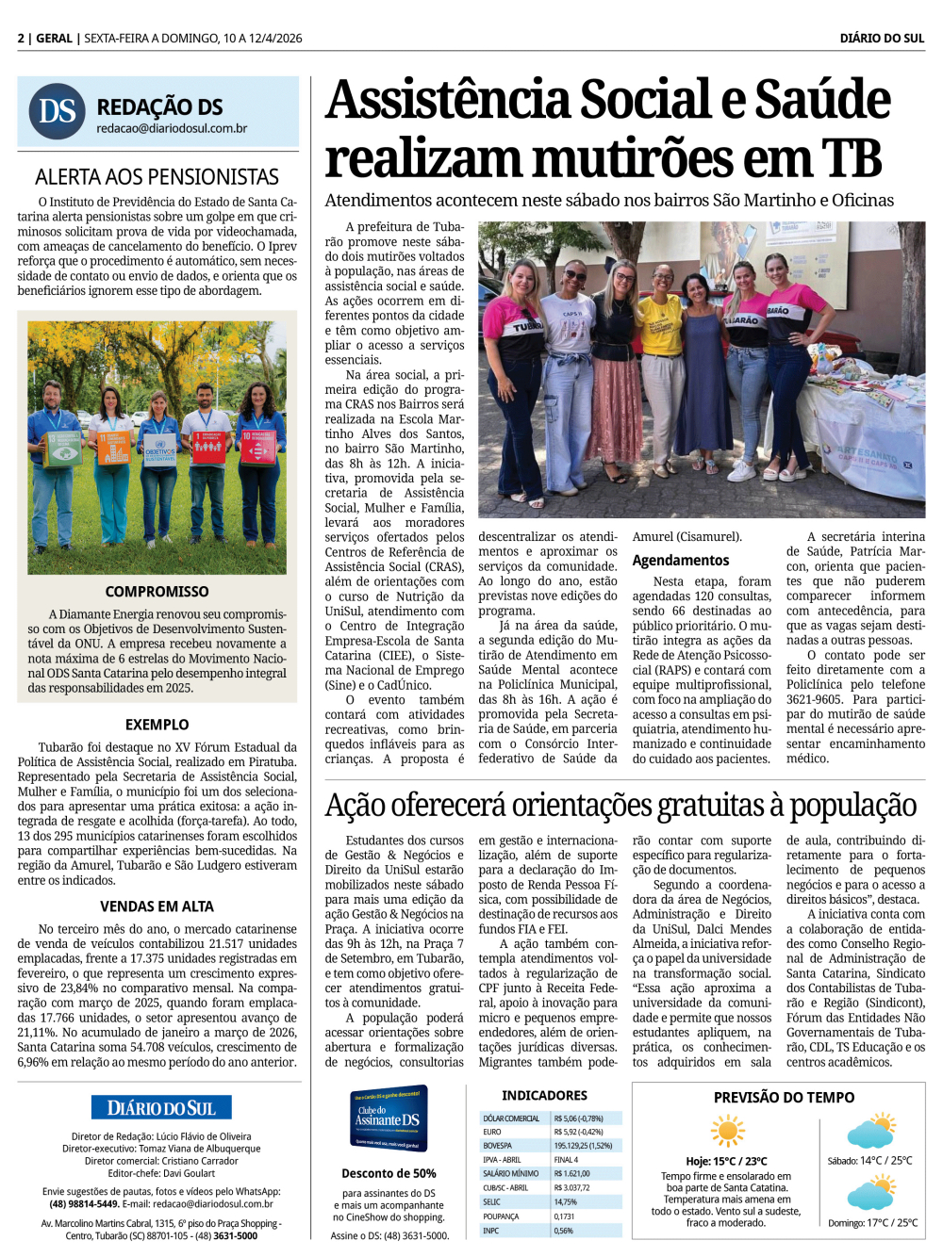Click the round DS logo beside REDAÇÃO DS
point(58,111)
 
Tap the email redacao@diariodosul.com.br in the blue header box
point(172,129)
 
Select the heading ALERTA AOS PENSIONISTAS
point(157,177)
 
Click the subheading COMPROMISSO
point(157,592)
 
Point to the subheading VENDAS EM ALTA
point(157,906)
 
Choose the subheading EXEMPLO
point(157,725)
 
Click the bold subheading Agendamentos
point(680,561)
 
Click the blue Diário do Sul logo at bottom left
point(161,1108)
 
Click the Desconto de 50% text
point(389,1174)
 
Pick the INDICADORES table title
point(544,1096)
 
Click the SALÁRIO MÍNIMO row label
point(511,1174)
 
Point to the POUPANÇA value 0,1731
point(565,1216)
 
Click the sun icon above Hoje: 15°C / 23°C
point(727,1131)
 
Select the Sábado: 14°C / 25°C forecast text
point(869,1161)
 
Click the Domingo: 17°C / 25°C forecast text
point(872,1223)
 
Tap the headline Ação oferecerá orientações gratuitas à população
point(620,807)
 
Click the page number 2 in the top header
point(21,39)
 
